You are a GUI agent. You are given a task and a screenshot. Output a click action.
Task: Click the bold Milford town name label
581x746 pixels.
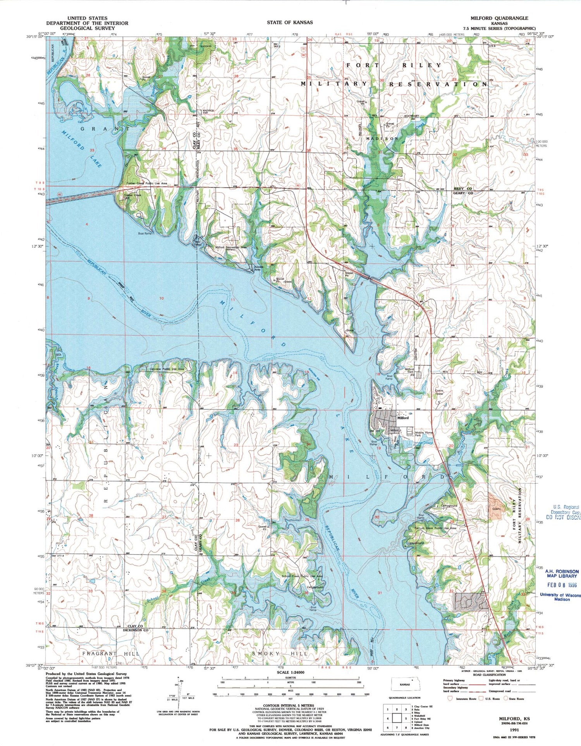coord(403,418)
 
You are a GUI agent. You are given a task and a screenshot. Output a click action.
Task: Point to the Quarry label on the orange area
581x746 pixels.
coord(497,509)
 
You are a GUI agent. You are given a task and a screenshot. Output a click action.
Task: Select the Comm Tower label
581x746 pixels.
coord(439,392)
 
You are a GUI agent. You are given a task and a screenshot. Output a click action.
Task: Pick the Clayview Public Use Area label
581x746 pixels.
coord(167,369)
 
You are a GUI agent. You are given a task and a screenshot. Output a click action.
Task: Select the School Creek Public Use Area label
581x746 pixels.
coord(302,576)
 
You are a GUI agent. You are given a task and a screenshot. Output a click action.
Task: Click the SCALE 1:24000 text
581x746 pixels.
coord(290,672)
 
